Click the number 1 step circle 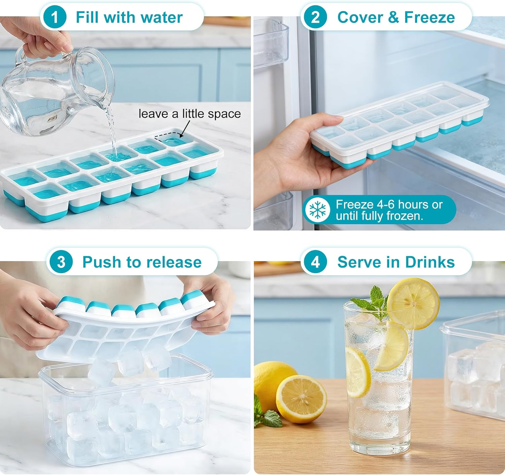(x=54, y=17)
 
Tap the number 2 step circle (x=315, y=17)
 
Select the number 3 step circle (x=61, y=262)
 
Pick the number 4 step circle (x=315, y=262)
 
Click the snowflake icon (x=317, y=210)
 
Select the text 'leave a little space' (x=190, y=114)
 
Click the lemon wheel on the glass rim (x=413, y=303)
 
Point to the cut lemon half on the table (x=301, y=399)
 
